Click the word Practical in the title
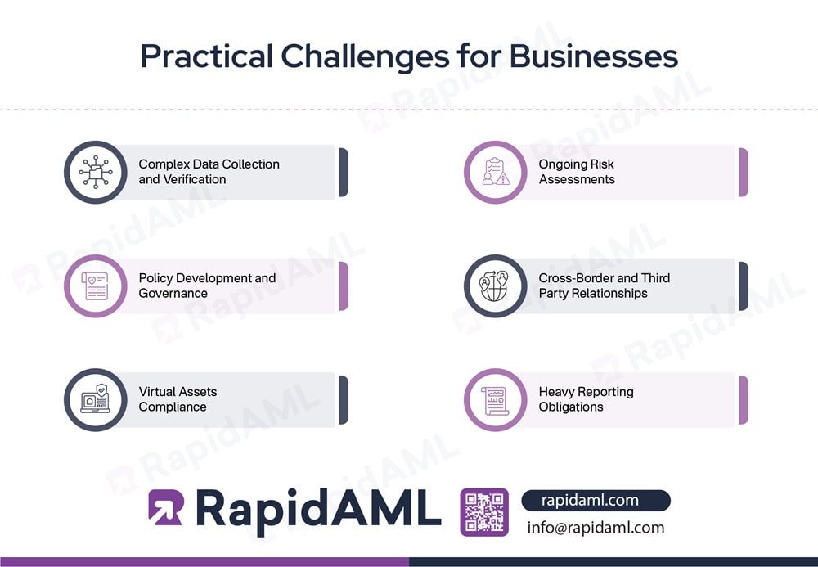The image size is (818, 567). click(x=205, y=56)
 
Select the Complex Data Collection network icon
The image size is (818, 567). click(x=95, y=172)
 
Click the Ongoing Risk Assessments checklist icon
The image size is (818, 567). click(x=495, y=172)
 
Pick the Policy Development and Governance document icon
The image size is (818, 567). click(x=95, y=286)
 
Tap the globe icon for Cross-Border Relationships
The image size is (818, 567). click(x=495, y=286)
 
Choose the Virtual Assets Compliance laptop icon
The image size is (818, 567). click(x=95, y=399)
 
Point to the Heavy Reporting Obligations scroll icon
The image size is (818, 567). click(x=495, y=399)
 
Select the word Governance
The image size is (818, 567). click(x=173, y=293)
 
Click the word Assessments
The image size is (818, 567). click(x=577, y=179)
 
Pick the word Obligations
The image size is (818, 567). click(x=570, y=407)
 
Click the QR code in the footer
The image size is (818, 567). click(x=484, y=512)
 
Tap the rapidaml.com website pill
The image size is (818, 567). click(x=595, y=500)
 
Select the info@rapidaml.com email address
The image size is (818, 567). click(x=596, y=528)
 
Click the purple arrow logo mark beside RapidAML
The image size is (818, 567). click(x=165, y=507)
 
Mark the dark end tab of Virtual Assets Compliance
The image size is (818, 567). click(x=344, y=399)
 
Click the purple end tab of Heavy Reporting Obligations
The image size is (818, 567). click(x=744, y=399)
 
